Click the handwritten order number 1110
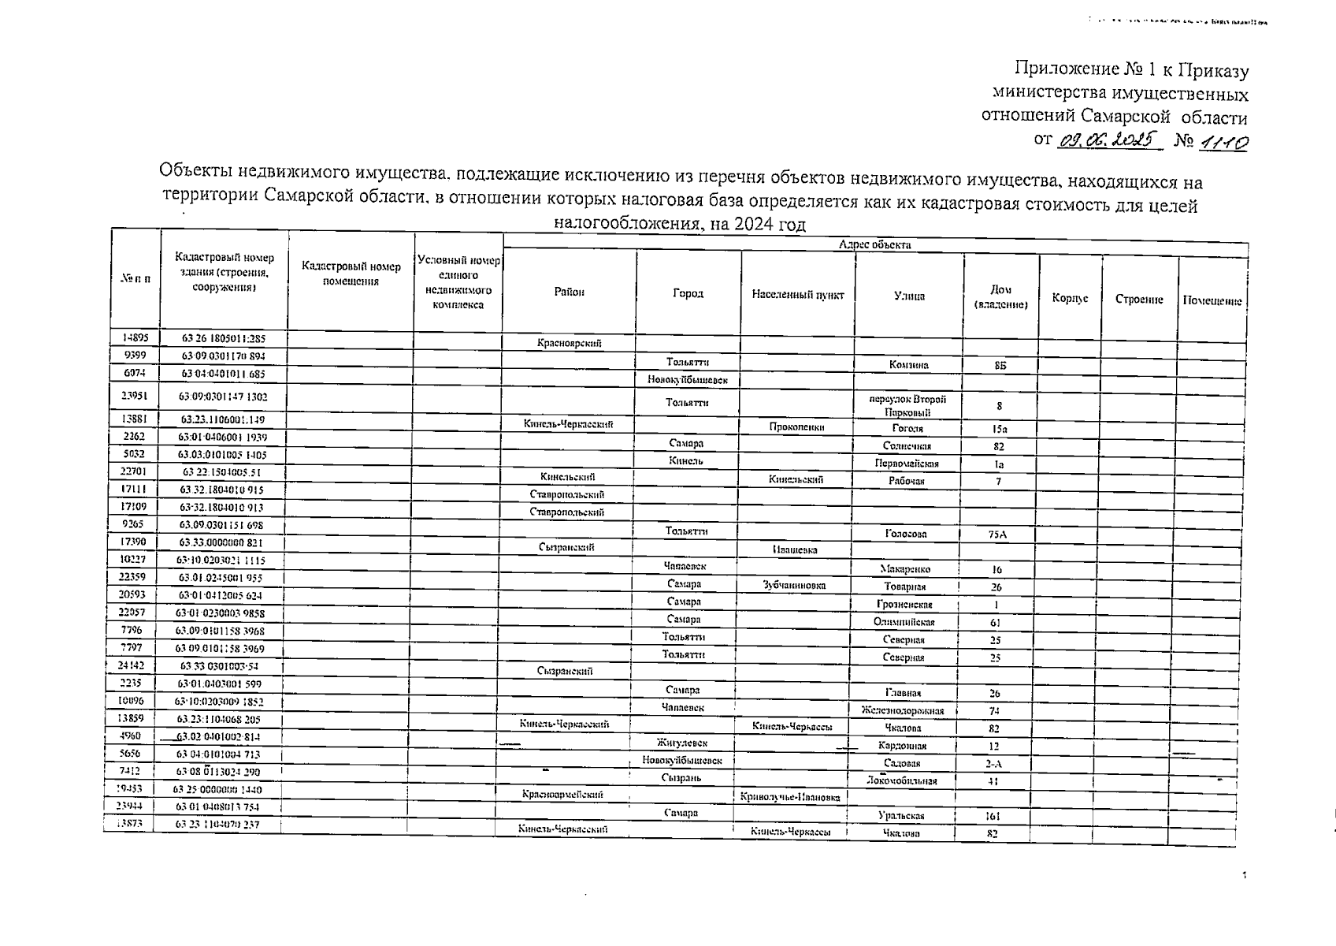pyautogui.click(x=1223, y=143)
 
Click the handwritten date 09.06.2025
pyautogui.click(x=1109, y=140)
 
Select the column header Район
pyautogui.click(x=569, y=292)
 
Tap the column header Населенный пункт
pyautogui.click(x=797, y=295)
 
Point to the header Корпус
pyautogui.click(x=1069, y=299)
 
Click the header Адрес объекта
pyautogui.click(x=874, y=245)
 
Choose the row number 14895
pyautogui.click(x=135, y=337)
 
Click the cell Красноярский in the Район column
pyautogui.click(x=569, y=343)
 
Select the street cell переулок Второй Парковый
pyautogui.click(x=907, y=405)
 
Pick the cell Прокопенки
pyautogui.click(x=796, y=426)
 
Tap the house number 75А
pyautogui.click(x=996, y=534)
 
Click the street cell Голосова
pyautogui.click(x=905, y=534)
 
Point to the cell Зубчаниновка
pyautogui.click(x=794, y=585)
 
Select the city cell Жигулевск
pyautogui.click(x=682, y=743)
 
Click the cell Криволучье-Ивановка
pyautogui.click(x=790, y=797)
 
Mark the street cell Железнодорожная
pyautogui.click(x=903, y=710)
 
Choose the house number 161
pyautogui.click(x=993, y=817)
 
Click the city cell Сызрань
pyautogui.click(x=681, y=778)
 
